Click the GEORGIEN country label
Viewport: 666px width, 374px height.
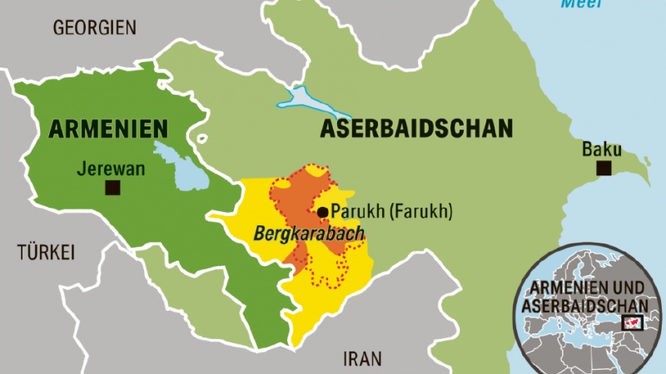coord(94,27)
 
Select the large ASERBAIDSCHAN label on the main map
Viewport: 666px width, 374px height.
coord(416,128)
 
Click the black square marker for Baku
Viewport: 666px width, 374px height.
coord(604,170)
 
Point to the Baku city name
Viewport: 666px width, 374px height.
coord(602,150)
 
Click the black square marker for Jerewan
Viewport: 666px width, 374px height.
coord(112,189)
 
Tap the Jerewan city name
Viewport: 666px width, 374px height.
coord(111,169)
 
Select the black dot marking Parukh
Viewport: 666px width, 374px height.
coord(322,212)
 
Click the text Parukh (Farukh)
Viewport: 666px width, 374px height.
coord(391,212)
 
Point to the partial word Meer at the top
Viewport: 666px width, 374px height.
coord(580,4)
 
